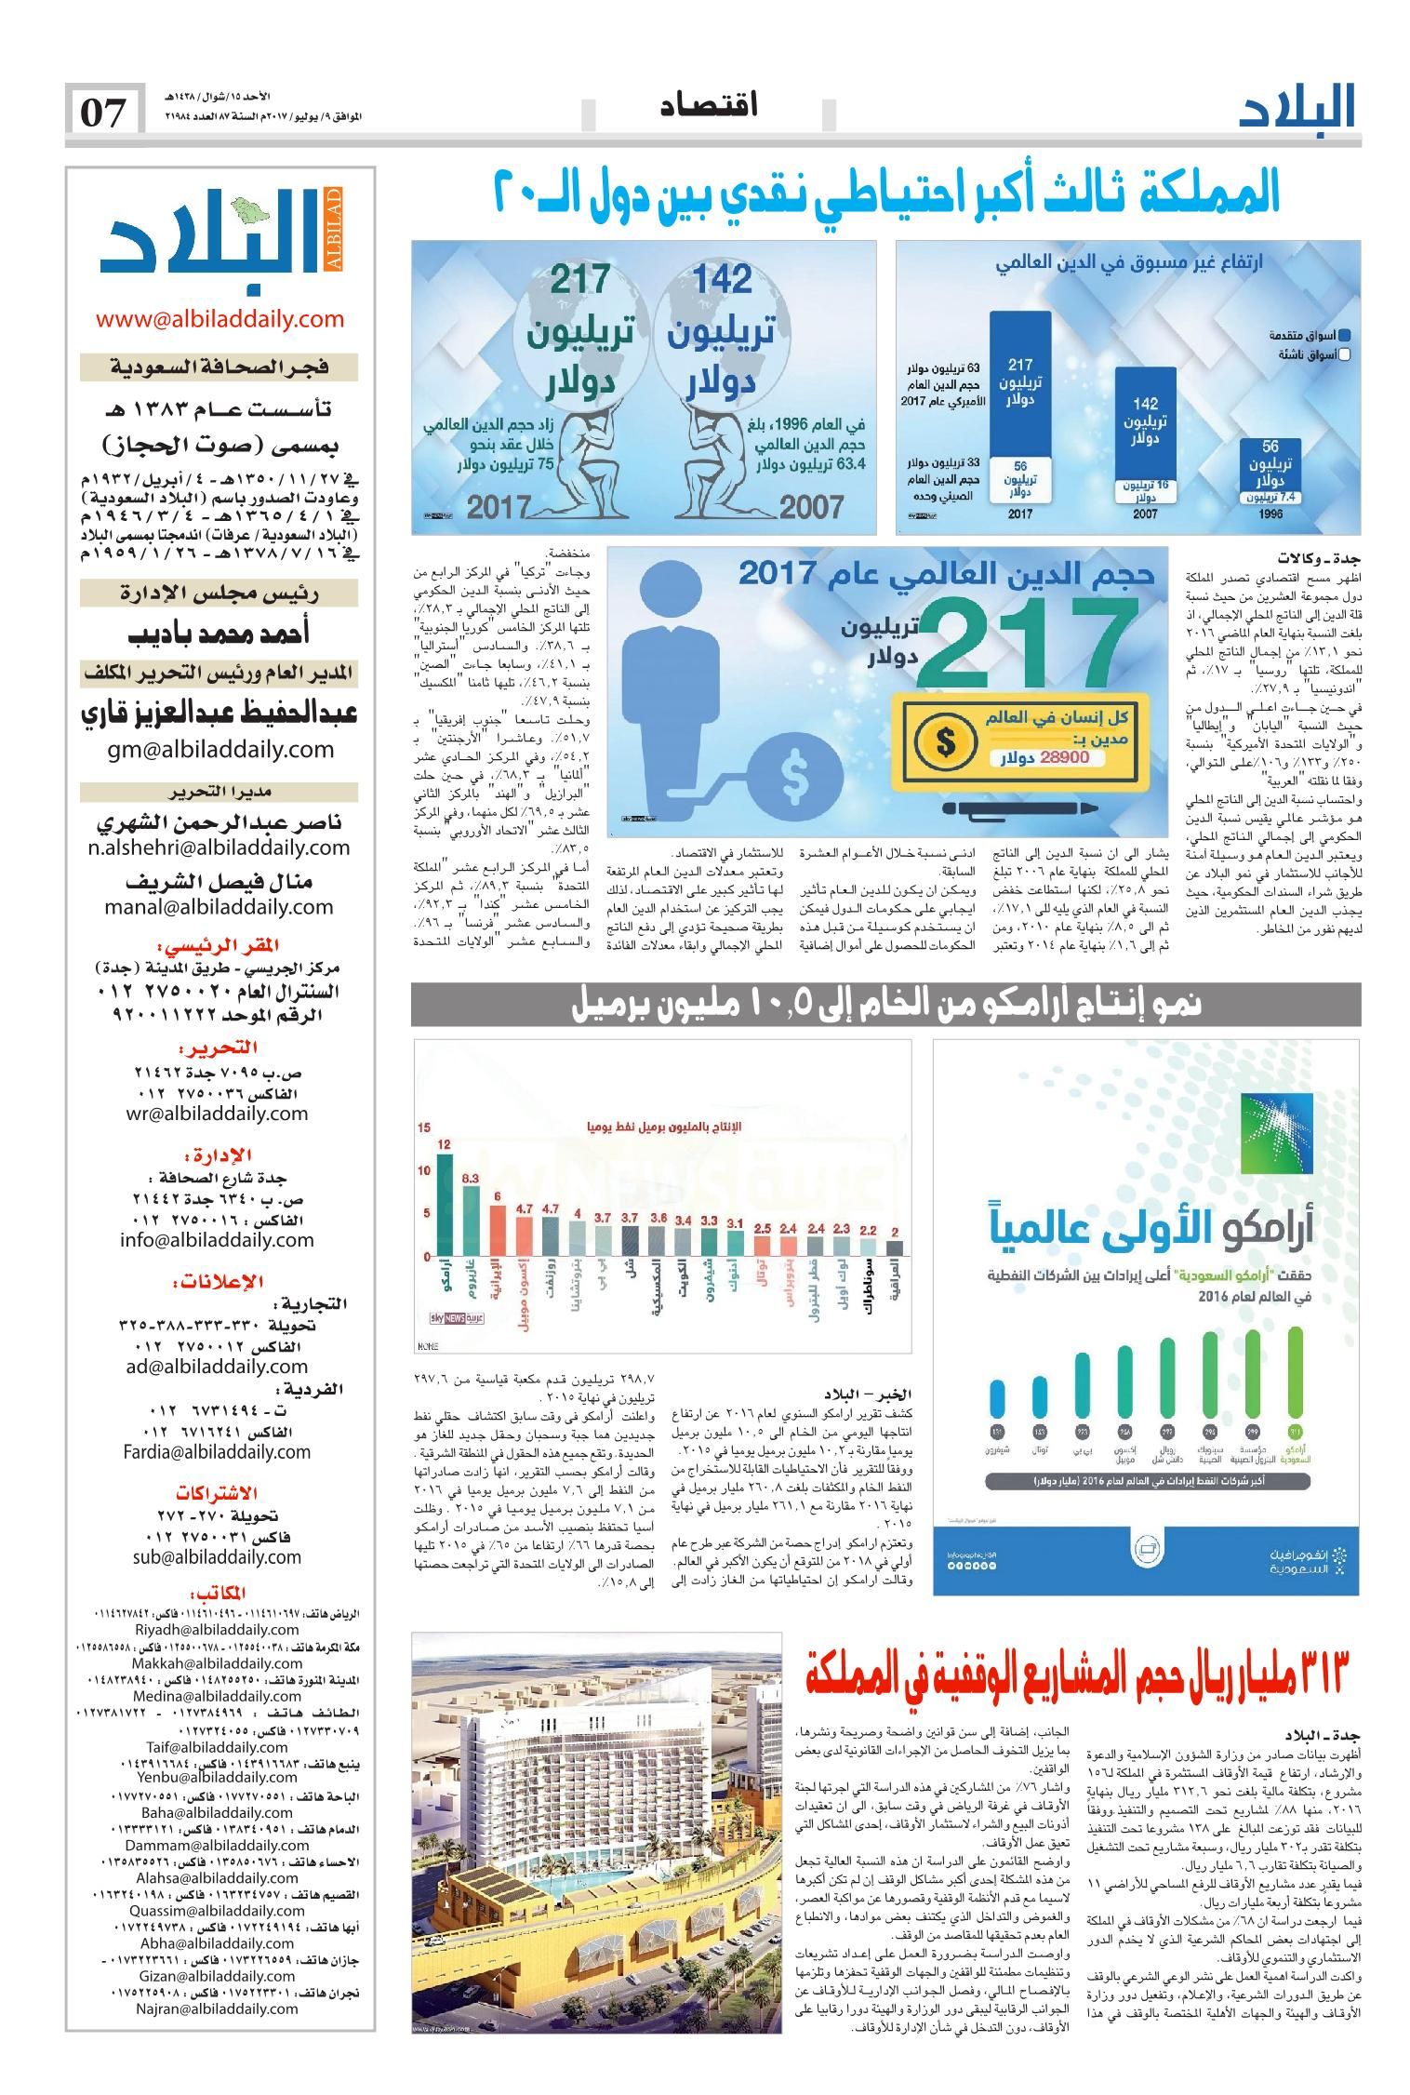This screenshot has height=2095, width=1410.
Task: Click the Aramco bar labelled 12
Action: pyautogui.click(x=445, y=1204)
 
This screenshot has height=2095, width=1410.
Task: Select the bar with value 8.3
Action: pyautogui.click(x=472, y=1220)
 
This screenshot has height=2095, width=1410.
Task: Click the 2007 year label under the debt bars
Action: pyautogui.click(x=1144, y=514)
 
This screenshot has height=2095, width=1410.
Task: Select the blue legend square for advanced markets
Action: pyautogui.click(x=1344, y=335)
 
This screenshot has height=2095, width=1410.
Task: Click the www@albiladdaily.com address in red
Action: pyautogui.click(x=219, y=319)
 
